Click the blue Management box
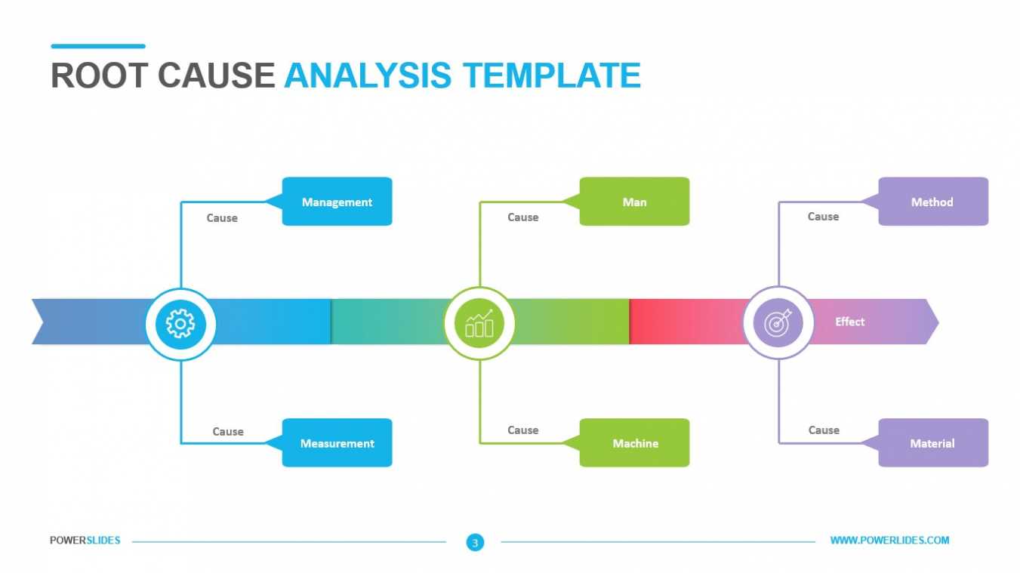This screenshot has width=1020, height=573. click(x=337, y=202)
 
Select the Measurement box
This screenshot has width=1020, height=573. click(x=337, y=442)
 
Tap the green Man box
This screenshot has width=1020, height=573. click(x=634, y=202)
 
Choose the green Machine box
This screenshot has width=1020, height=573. click(x=634, y=442)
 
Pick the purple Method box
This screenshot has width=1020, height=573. click(x=933, y=202)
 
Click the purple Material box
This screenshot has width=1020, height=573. click(x=933, y=442)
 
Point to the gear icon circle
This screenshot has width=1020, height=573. click(x=180, y=324)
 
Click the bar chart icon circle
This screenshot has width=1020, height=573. click(x=479, y=323)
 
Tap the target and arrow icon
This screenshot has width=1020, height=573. click(x=778, y=322)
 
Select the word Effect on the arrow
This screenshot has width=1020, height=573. click(x=849, y=322)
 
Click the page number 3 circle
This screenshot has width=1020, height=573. click(x=475, y=542)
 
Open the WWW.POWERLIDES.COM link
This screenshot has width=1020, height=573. click(x=889, y=541)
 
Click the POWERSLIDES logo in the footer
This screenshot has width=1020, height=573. click(x=85, y=541)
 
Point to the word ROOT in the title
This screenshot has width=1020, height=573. click(x=99, y=75)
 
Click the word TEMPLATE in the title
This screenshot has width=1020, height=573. click(x=552, y=75)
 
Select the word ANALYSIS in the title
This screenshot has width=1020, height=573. click(x=368, y=75)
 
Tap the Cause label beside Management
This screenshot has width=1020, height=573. click(x=222, y=217)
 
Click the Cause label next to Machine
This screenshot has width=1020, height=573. click(x=522, y=430)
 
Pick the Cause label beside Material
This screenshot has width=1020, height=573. click(x=824, y=430)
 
